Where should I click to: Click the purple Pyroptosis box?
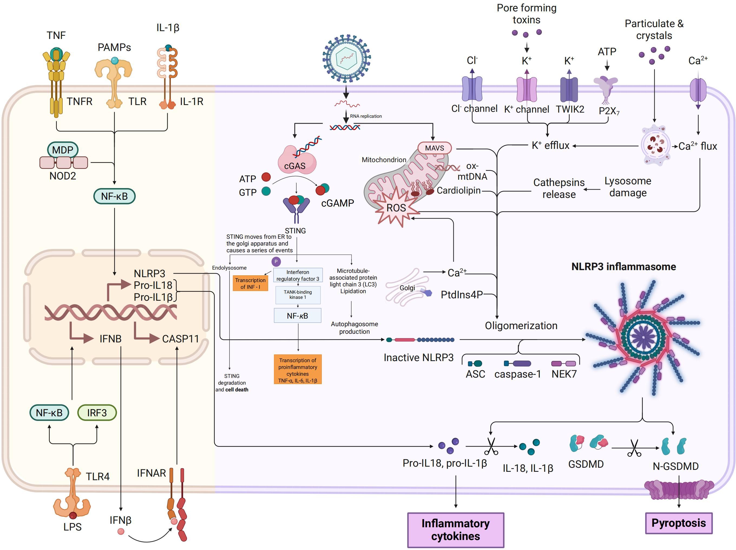pos(678,523)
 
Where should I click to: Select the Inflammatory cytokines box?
pos(455,530)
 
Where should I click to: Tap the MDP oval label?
pos(63,150)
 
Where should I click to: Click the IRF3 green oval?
pos(97,413)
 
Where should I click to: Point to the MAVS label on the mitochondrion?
pos(434,148)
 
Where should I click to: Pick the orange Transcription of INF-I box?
pos(250,283)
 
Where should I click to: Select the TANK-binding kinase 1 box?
pos(298,295)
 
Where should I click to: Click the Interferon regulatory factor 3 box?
pos(298,275)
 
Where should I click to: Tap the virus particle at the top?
pos(346,58)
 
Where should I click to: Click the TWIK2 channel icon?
pos(569,89)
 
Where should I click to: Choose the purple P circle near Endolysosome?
pos(276,262)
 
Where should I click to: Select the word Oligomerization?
pos(521,326)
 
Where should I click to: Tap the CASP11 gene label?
pos(180,339)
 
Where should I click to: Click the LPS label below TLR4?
pos(73,527)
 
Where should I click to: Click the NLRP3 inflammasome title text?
pos(623,267)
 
